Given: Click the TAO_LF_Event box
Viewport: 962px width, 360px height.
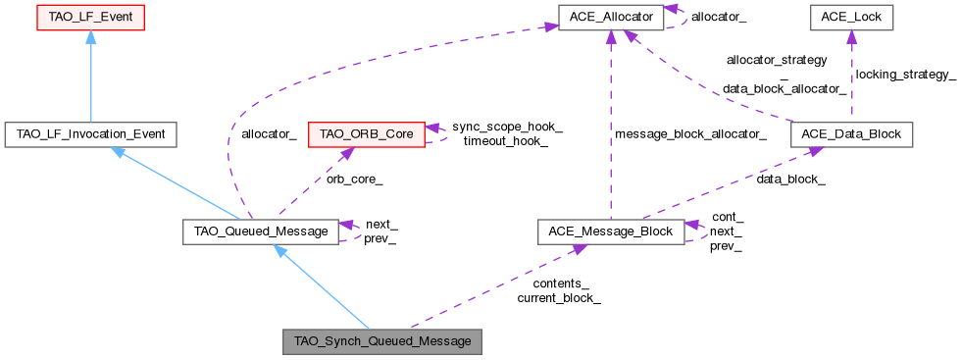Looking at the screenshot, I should click(x=89, y=18).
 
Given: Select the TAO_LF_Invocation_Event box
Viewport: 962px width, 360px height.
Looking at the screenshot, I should click(x=90, y=134).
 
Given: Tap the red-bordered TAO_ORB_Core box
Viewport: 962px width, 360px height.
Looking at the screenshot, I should click(x=366, y=134).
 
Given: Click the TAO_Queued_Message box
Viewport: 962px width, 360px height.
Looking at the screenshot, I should click(x=261, y=231).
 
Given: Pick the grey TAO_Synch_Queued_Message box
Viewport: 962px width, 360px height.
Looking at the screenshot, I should click(x=382, y=341).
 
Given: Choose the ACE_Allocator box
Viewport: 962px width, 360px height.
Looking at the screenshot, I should click(x=611, y=17).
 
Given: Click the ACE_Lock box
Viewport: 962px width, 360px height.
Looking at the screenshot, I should click(x=850, y=17).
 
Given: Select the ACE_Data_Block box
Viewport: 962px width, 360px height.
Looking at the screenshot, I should click(x=851, y=134).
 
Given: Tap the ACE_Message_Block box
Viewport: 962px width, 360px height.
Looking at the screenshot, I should click(x=610, y=231).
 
